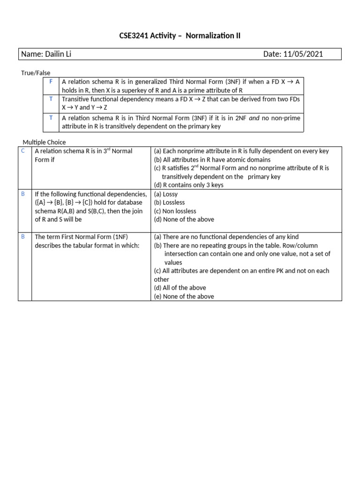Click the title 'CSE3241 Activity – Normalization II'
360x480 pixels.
(180, 35)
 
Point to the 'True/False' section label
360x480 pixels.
(36, 73)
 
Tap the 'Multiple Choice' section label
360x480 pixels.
(45, 142)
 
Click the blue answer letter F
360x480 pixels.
(51, 82)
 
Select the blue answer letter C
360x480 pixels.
(22, 151)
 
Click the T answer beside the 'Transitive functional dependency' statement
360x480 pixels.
(51, 98)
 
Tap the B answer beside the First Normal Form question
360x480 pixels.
(22, 237)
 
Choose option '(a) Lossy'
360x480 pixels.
(166, 194)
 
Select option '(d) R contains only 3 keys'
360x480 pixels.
(188, 185)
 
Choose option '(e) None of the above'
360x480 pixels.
(184, 296)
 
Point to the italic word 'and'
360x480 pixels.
(254, 118)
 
